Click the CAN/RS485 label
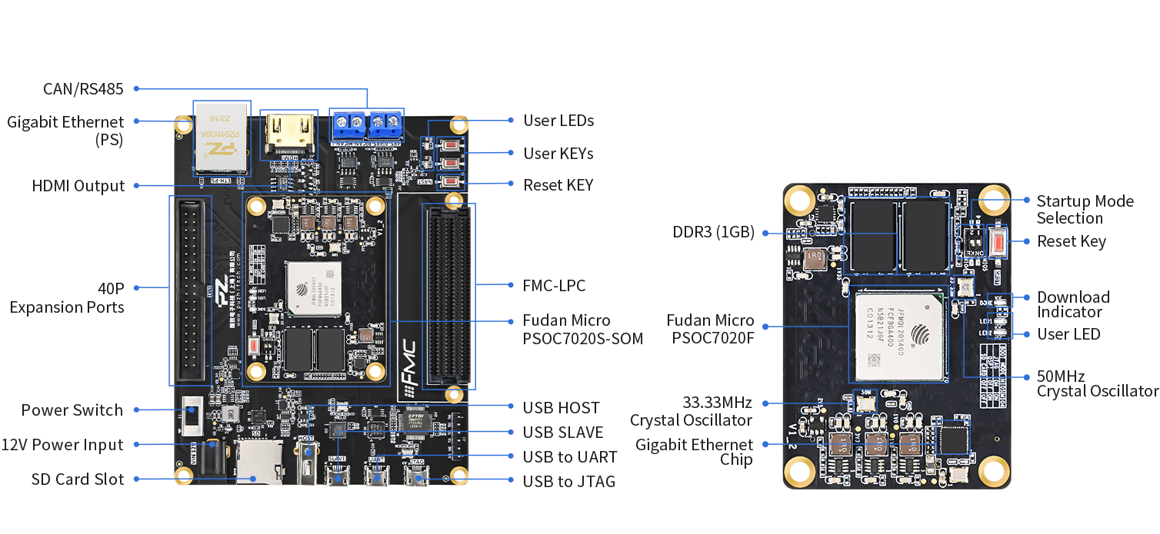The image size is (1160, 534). point(83,89)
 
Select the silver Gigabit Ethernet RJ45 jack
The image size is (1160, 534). point(222,137)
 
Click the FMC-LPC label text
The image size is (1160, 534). point(554,286)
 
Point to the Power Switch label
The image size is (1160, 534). point(72,410)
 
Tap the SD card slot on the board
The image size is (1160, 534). point(258,461)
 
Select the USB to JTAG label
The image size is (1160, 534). point(568,482)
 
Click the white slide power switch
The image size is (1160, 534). point(193,416)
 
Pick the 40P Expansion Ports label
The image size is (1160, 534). point(67,298)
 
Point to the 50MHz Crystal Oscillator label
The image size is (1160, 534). point(1097,383)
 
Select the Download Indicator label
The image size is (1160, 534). point(1073,304)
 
